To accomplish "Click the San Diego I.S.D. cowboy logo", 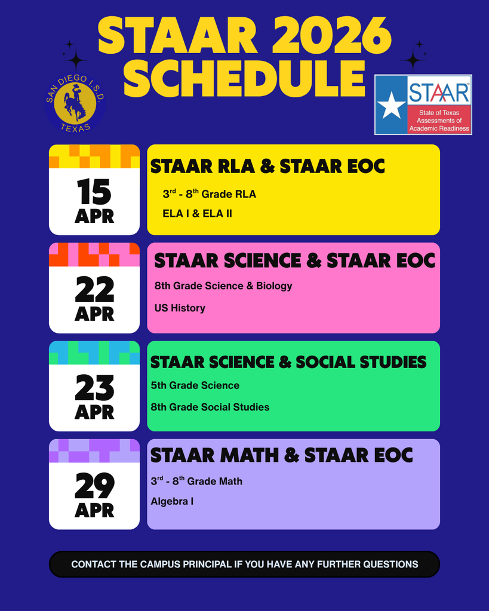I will click(75, 103).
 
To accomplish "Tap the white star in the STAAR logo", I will click(392, 106).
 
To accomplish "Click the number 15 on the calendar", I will click(94, 192).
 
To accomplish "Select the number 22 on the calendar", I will click(94, 291).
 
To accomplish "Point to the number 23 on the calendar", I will click(94, 389).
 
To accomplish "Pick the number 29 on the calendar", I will click(94, 487).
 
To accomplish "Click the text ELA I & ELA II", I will click(197, 213).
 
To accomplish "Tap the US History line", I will click(180, 308).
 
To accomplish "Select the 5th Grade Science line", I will click(195, 385).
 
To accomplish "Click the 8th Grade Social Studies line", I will click(210, 407).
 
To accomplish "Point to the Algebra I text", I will click(172, 501).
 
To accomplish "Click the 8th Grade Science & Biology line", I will click(223, 286).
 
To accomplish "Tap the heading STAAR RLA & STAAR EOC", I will click(267, 166).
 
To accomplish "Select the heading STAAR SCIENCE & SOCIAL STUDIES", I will click(288, 362).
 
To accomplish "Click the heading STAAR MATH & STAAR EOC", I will click(282, 455).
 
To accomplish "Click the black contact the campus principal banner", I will click(244, 564).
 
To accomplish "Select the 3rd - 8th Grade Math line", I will click(196, 481).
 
